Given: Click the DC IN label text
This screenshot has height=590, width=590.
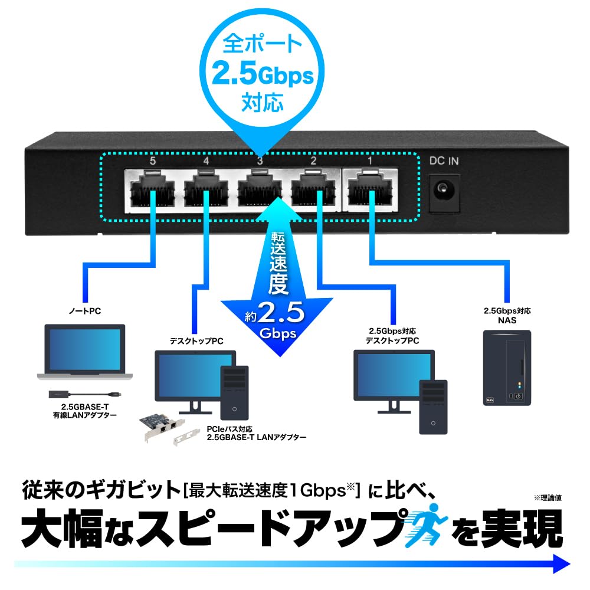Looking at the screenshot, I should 444,160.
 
